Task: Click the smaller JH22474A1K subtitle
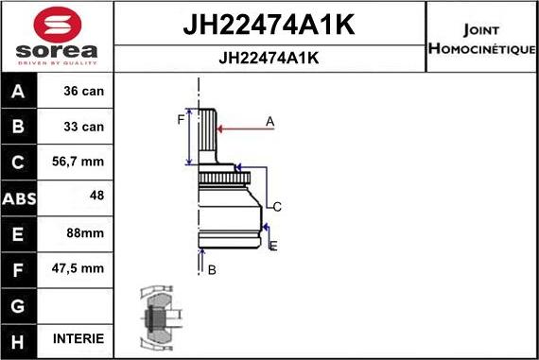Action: (x=269, y=58)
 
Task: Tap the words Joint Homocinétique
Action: (x=482, y=39)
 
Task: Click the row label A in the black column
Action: (x=20, y=92)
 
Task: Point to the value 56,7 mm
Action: (x=78, y=163)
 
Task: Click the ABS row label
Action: (x=20, y=198)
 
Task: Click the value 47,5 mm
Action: (x=78, y=268)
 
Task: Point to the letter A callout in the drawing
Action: (x=269, y=121)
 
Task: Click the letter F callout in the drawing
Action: (x=180, y=119)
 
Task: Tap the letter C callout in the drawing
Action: (x=277, y=206)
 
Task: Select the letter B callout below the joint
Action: (x=212, y=269)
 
